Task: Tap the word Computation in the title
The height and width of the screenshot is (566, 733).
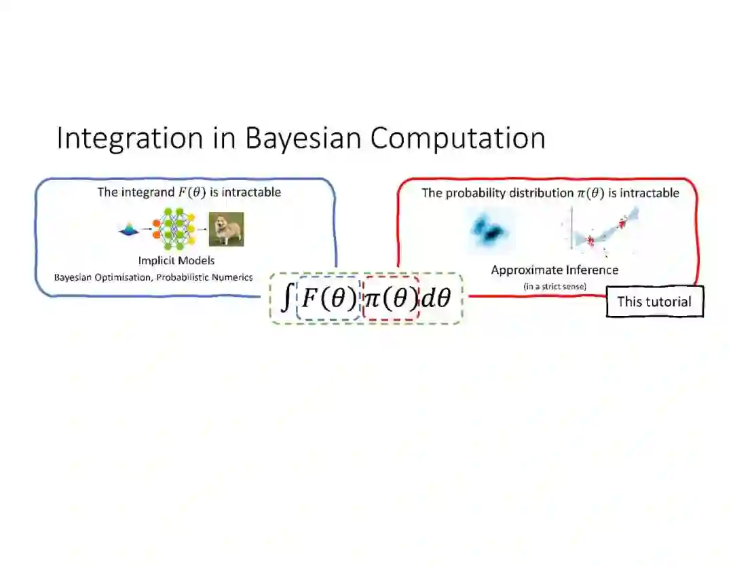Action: coord(457,138)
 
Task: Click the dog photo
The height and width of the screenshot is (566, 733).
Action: coord(226,229)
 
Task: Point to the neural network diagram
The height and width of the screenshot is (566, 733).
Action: coord(174,229)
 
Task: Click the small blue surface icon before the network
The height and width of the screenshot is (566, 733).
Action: coord(128,231)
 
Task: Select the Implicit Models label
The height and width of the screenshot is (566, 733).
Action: coord(176,261)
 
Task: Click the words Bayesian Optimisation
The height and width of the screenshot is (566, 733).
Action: coord(103,277)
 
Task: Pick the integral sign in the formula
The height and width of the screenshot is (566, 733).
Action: coord(288,298)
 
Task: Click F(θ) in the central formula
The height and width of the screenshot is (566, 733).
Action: coord(328,298)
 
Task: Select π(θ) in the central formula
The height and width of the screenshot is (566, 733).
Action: coord(391,298)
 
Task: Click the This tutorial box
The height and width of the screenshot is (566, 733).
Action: coord(654,302)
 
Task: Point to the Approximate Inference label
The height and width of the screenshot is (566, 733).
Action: coord(555,270)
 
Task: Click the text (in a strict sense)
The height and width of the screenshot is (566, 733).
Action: coord(555,286)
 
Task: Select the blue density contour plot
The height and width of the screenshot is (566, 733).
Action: coord(489,230)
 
